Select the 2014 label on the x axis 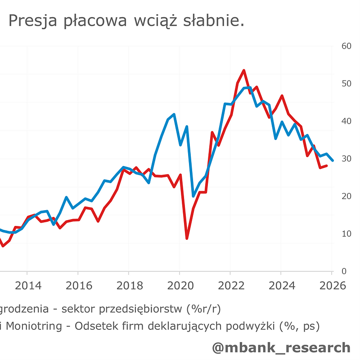27,286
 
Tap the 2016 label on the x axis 78,286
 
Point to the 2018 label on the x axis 129,286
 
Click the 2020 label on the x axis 179,286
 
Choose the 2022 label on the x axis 230,286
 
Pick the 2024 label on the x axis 281,286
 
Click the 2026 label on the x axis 332,286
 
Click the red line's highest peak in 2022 243,71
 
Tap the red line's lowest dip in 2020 187,238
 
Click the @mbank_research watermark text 281,347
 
